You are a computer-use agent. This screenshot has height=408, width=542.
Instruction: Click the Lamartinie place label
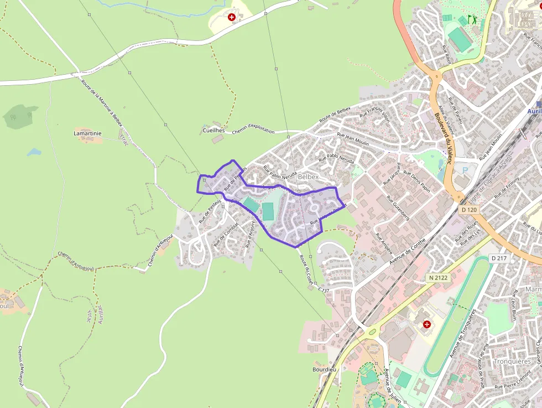click(87, 133)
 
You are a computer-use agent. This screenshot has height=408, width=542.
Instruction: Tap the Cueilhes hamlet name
click(214, 130)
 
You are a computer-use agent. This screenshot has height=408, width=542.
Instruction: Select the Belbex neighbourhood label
click(308, 177)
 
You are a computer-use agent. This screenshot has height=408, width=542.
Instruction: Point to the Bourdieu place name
click(324, 369)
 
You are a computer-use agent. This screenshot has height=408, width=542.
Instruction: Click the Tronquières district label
click(512, 361)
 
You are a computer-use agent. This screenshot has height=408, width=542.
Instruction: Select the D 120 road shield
click(468, 210)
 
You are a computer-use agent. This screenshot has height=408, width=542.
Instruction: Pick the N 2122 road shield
click(437, 277)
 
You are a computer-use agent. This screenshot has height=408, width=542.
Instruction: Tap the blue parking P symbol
click(465, 170)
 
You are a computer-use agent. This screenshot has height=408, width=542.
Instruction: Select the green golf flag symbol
click(472, 19)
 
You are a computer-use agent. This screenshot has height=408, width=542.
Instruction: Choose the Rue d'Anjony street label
click(250, 231)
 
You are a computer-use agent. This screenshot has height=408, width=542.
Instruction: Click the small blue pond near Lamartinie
click(34, 152)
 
